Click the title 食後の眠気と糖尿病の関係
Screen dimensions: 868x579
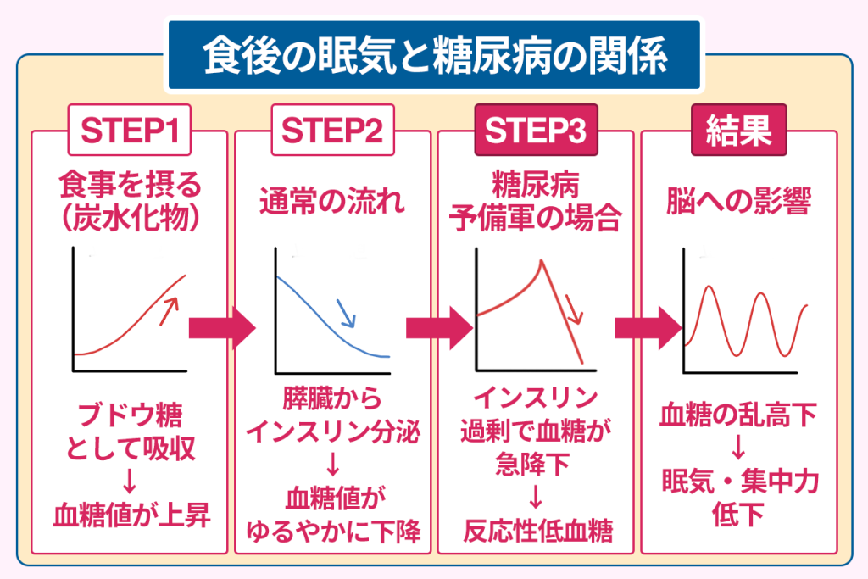[x=435, y=55]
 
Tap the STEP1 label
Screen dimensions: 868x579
[x=130, y=131]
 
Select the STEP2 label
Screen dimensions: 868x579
[x=332, y=131]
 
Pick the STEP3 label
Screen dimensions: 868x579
[x=536, y=131]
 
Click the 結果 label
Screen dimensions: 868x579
[x=739, y=131]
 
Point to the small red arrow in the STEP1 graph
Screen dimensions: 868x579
[x=169, y=311]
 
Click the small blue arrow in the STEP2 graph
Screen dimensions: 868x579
[x=347, y=314]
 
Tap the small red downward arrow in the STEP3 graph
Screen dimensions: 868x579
[x=575, y=309]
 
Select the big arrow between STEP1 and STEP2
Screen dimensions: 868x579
[x=222, y=328]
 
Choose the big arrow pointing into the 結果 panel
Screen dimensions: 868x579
[x=648, y=328]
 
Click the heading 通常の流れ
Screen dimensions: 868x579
[x=332, y=201]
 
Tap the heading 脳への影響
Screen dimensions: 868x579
[x=739, y=201]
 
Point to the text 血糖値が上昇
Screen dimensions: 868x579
[x=131, y=515]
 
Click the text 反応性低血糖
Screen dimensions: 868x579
[x=538, y=531]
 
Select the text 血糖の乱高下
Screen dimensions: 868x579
[x=738, y=415]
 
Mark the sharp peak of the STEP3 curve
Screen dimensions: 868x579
[x=542, y=260]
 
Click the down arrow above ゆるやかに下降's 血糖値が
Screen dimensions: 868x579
[x=332, y=465]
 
